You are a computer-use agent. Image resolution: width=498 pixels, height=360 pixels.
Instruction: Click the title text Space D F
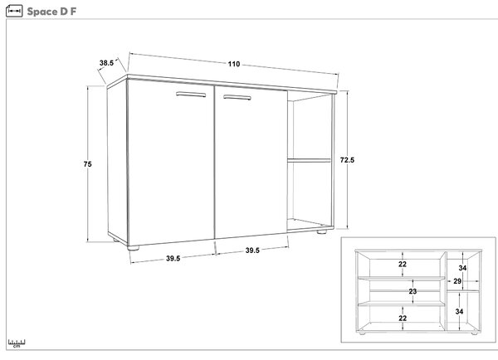[51, 12]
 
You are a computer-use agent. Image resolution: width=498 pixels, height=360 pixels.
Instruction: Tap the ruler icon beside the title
[14, 11]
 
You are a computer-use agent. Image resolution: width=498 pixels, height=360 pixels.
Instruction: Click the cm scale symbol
[17, 343]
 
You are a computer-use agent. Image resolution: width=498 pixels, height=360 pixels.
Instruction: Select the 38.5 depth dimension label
[106, 63]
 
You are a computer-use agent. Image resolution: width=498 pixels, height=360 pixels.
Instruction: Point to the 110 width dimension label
[234, 64]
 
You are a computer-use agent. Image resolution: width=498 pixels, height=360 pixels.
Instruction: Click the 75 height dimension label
[88, 164]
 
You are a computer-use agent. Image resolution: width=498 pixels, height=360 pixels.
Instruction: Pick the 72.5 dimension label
[347, 160]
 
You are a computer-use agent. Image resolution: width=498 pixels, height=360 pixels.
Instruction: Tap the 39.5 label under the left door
[173, 259]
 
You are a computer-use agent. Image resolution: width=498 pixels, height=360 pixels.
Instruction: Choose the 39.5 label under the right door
[252, 251]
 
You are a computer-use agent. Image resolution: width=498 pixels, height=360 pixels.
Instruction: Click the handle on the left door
[191, 95]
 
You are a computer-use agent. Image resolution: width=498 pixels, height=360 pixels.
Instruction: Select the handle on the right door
[237, 97]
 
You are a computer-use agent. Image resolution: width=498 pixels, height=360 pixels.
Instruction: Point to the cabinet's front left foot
[133, 248]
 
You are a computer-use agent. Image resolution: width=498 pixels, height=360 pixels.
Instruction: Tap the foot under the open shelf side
[322, 231]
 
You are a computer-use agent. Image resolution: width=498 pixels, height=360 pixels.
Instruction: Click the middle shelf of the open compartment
[310, 161]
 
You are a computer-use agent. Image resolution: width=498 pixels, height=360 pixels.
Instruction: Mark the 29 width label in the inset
[457, 281]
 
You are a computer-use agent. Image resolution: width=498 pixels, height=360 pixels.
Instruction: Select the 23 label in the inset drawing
[413, 291]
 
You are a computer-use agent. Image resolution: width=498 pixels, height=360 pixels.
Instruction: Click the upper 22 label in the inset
[403, 264]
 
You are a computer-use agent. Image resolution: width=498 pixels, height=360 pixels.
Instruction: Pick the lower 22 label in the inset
[403, 318]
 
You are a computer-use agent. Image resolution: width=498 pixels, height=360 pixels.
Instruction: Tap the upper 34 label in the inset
[462, 268]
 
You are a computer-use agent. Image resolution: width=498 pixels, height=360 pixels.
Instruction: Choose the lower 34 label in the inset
[459, 311]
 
